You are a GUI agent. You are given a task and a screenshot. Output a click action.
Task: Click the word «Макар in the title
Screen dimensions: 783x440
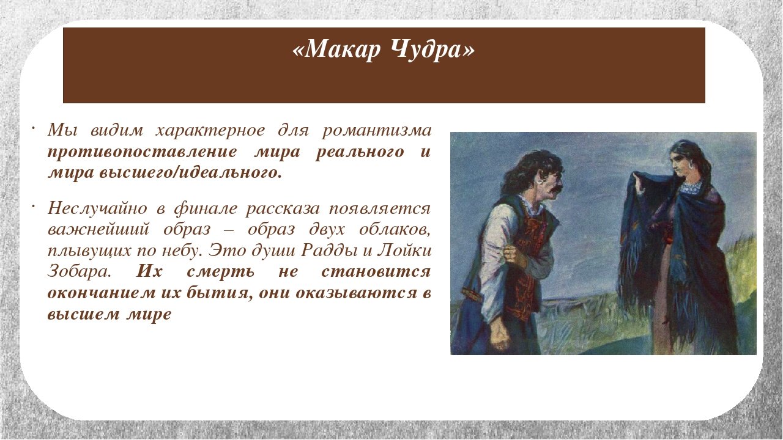coord(336,50)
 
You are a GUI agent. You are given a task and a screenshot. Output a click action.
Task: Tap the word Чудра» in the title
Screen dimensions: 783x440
coord(432,50)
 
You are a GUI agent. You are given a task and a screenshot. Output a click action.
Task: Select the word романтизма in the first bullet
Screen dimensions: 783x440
coord(377,131)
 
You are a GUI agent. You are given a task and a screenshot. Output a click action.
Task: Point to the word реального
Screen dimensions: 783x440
coord(360,153)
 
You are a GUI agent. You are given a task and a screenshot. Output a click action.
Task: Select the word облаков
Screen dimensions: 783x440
coord(395,230)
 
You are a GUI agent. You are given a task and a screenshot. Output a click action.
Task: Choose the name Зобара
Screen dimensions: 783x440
coord(80,272)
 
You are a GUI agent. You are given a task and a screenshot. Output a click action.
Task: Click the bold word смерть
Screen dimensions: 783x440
coord(221,272)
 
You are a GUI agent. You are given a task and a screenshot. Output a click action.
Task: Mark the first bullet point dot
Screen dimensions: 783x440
coord(32,128)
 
